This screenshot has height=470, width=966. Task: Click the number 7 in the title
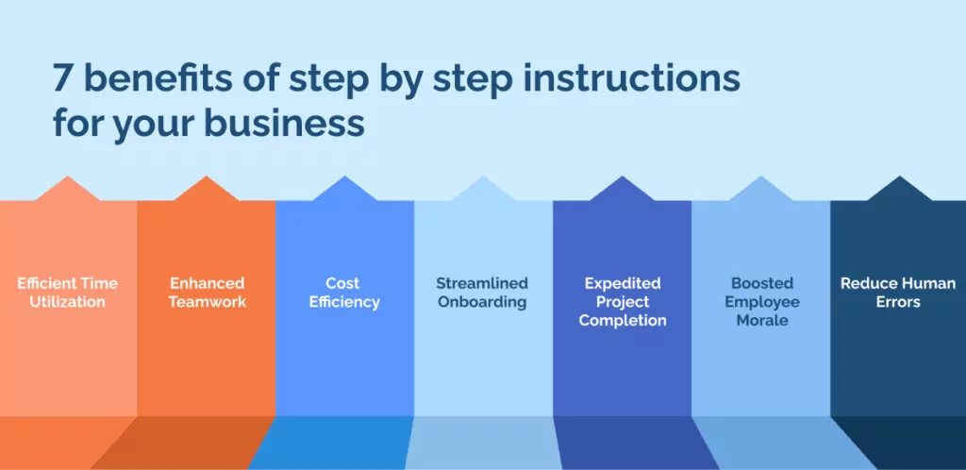tap(62, 79)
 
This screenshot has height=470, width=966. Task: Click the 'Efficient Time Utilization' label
tap(68, 293)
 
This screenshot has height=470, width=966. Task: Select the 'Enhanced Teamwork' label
tap(207, 293)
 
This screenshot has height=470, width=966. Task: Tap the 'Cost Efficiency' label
tap(344, 293)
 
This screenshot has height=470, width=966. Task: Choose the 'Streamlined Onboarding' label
tap(482, 293)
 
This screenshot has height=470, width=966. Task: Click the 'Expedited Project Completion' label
tap(622, 302)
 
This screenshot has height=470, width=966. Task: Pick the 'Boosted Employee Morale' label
tap(760, 302)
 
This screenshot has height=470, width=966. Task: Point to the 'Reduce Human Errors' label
tap(898, 293)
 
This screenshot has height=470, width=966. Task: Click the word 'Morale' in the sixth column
tap(760, 321)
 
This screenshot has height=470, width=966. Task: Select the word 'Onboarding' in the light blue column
tap(482, 303)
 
